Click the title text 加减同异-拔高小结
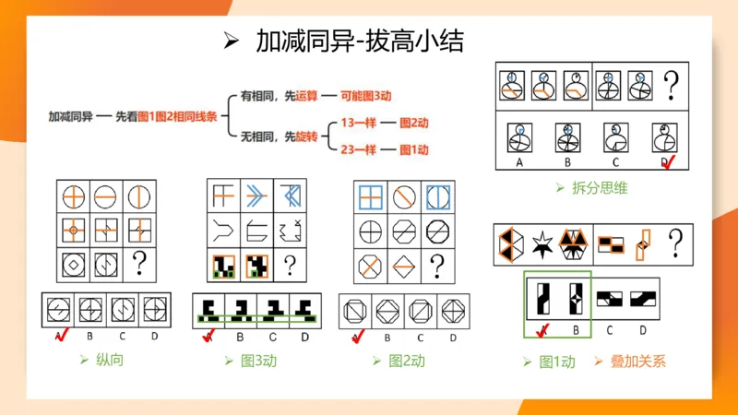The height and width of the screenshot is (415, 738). click(359, 41)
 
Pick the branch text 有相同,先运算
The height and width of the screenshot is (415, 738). click(274, 95)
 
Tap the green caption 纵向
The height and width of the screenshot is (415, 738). click(108, 359)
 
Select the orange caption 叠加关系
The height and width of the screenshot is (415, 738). click(638, 362)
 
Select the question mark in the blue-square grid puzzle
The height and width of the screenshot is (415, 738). click(438, 266)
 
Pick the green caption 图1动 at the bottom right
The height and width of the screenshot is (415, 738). click(556, 362)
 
